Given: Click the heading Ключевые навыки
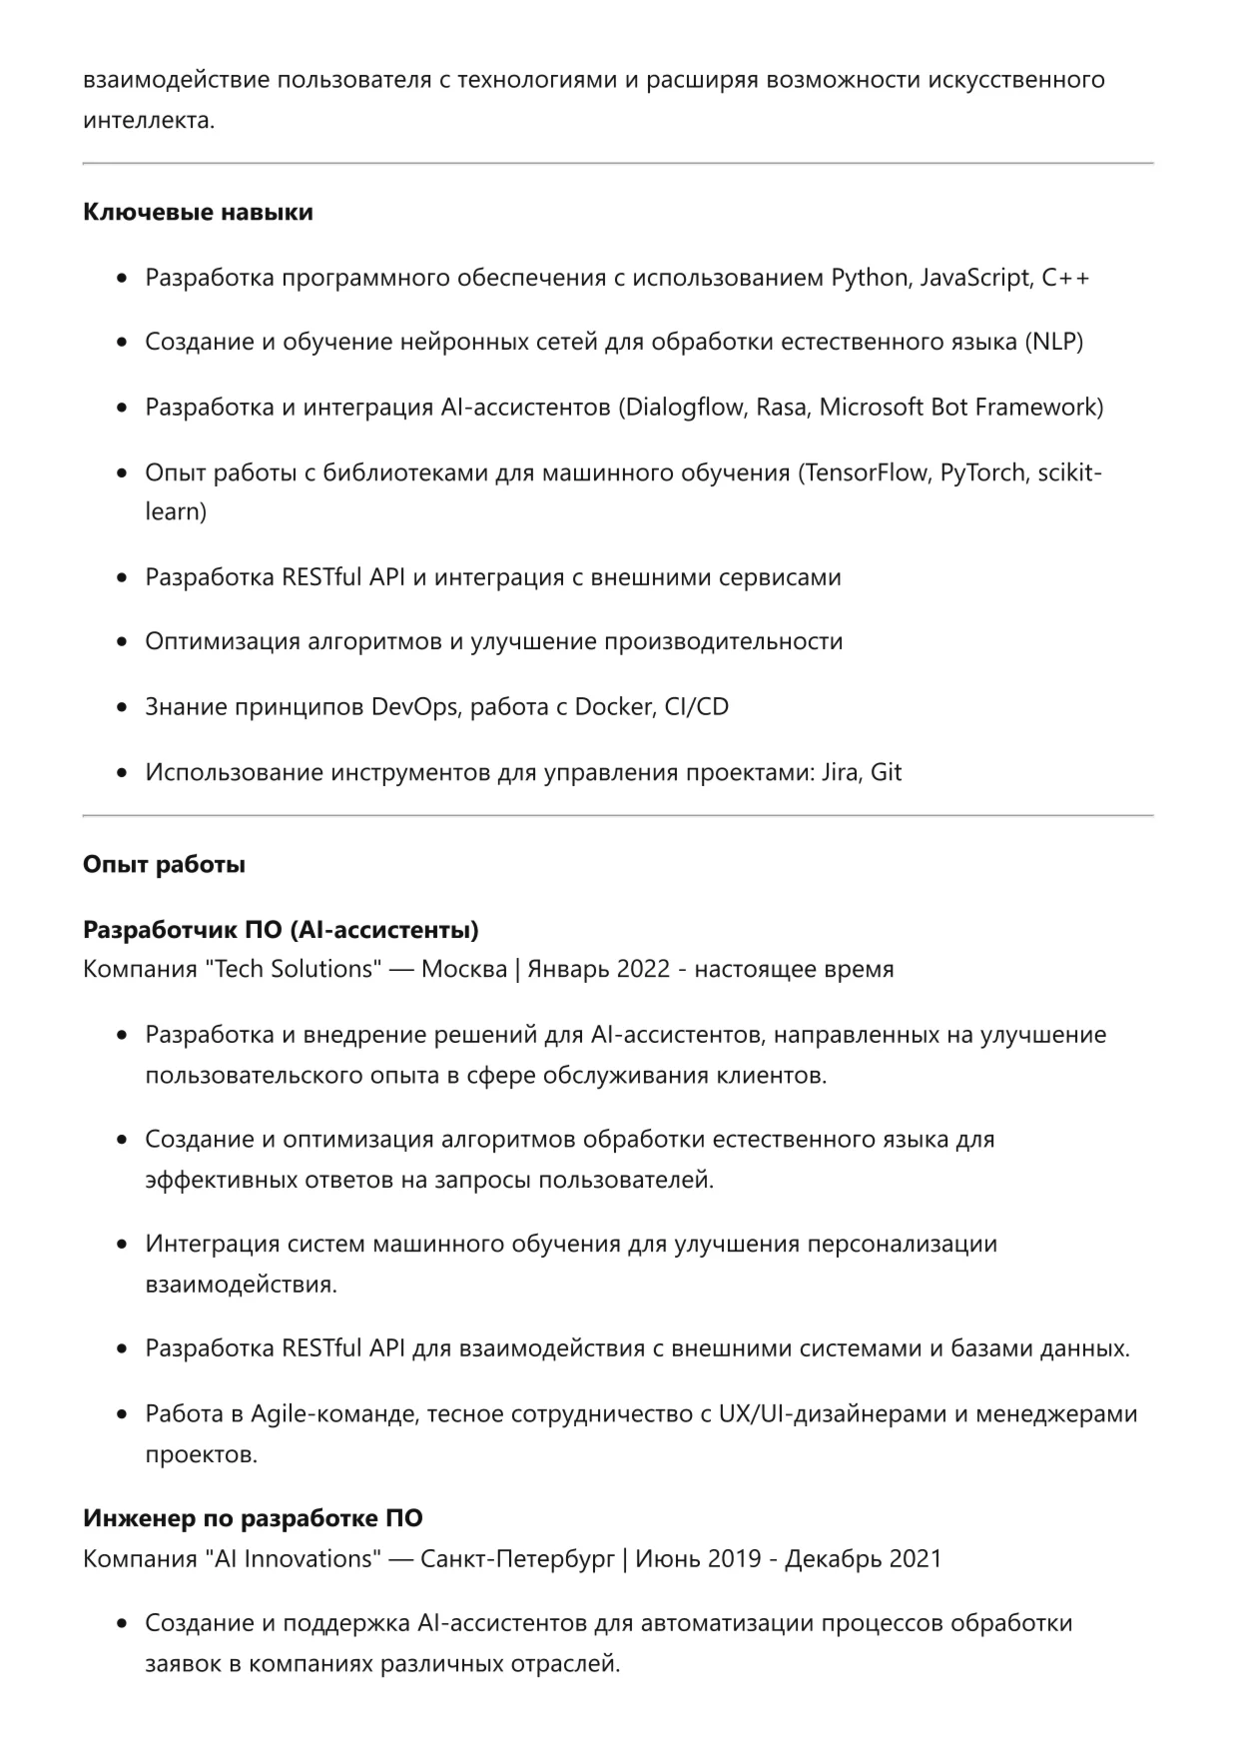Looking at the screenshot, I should click(x=198, y=212).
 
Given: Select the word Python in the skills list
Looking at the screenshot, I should click(x=869, y=277).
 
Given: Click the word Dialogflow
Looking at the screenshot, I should click(x=685, y=407).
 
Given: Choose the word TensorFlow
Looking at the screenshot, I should click(x=866, y=471).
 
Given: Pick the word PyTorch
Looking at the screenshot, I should click(x=982, y=471).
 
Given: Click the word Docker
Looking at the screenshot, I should click(x=613, y=706).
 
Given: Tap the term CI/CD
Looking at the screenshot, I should click(x=697, y=706).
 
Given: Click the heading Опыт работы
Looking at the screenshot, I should click(x=164, y=864).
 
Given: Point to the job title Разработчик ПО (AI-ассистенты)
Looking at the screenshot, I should click(x=281, y=930).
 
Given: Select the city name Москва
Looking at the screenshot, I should click(x=464, y=969).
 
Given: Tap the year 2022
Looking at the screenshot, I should click(x=643, y=969).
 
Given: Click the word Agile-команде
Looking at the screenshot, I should click(x=332, y=1413).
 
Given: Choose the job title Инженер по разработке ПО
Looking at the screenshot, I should click(x=253, y=1518).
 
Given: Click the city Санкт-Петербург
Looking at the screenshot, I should click(x=518, y=1558).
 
